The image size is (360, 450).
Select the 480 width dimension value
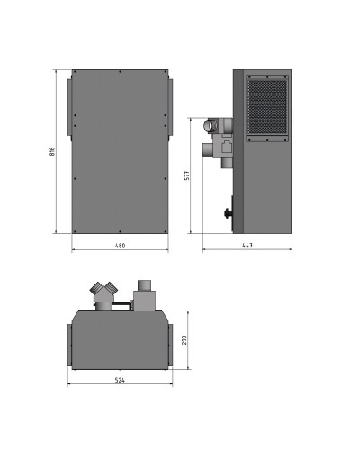tap(120, 245)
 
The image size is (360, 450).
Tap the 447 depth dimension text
tap(247, 245)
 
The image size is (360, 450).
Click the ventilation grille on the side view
tap(265, 109)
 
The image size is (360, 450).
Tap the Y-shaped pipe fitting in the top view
tap(103, 294)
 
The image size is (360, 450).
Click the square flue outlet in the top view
tap(143, 293)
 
